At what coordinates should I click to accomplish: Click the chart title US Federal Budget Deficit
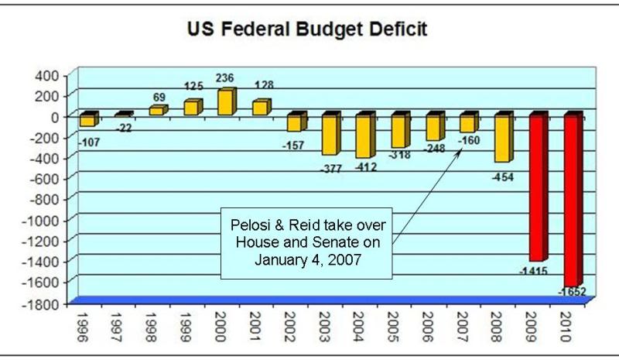[x=308, y=31]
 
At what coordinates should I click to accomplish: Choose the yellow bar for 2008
[x=503, y=139]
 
